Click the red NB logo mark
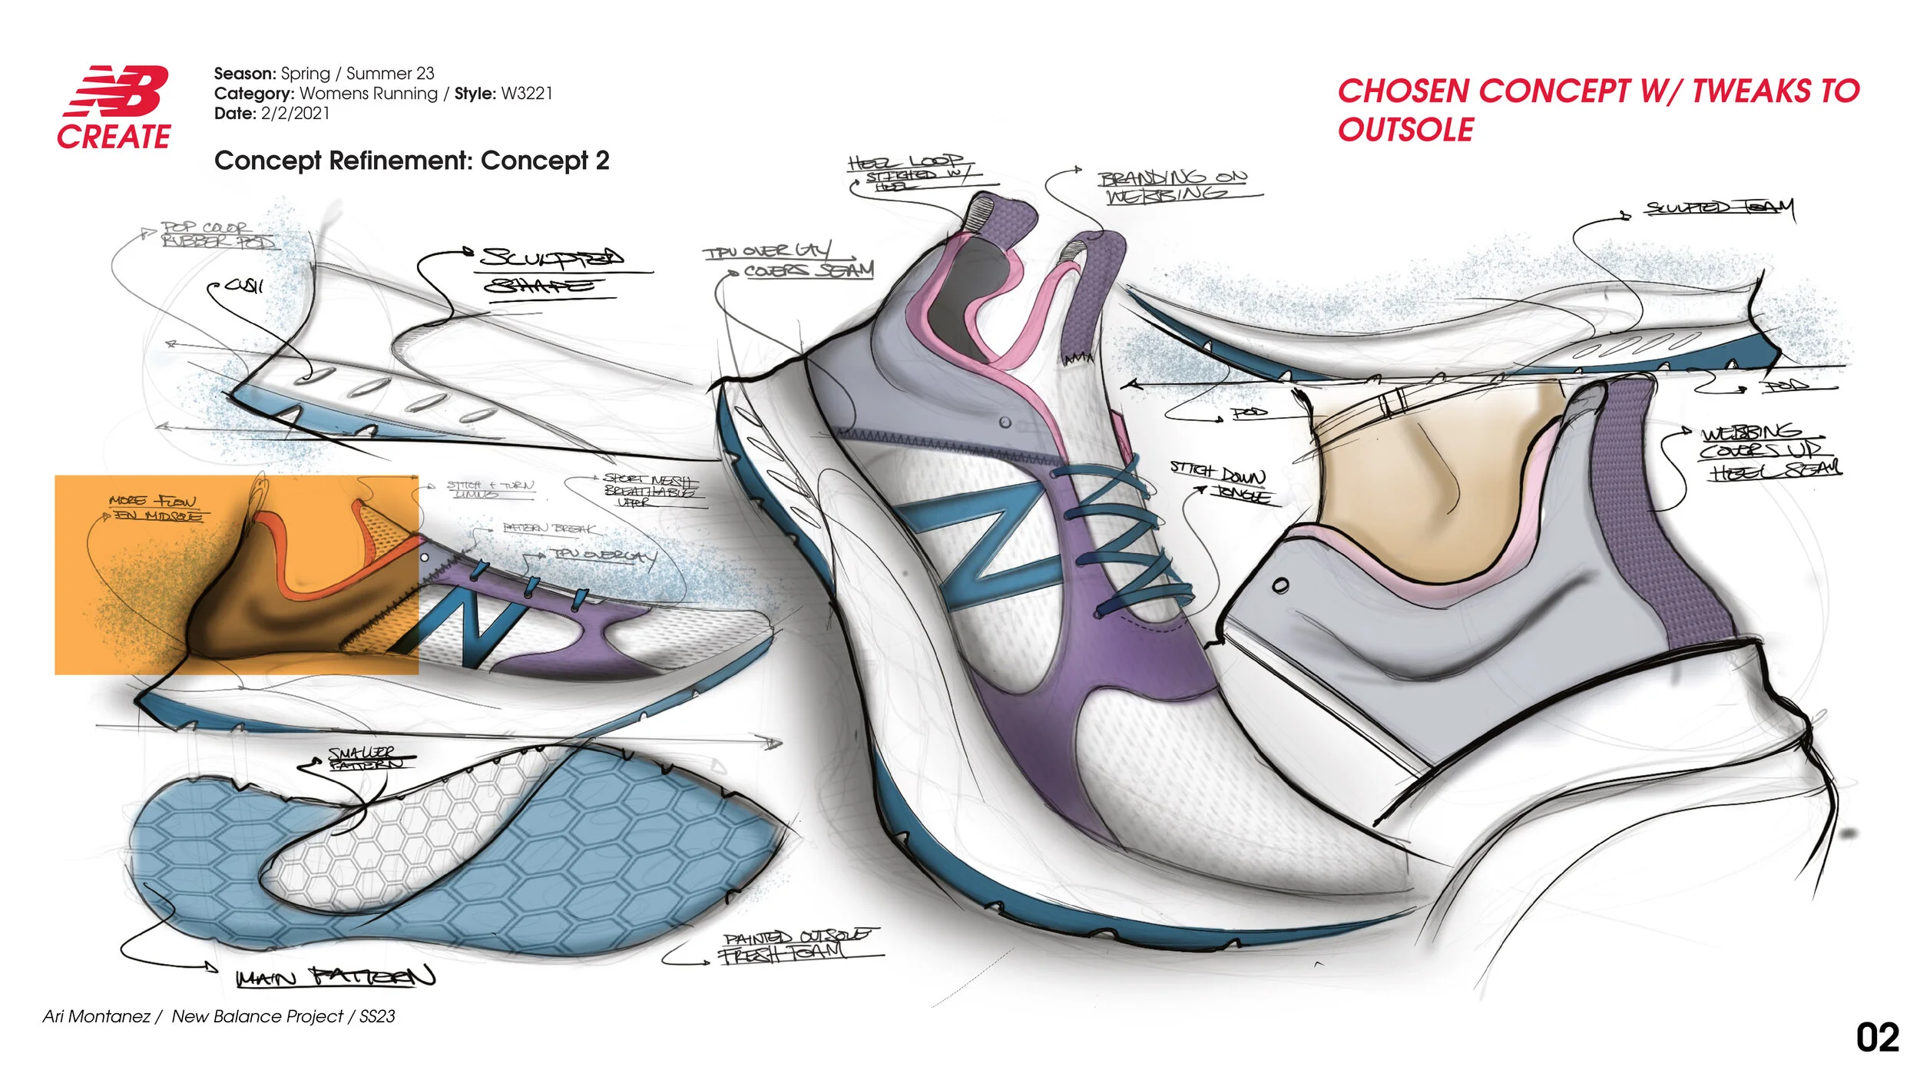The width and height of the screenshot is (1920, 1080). coord(118,91)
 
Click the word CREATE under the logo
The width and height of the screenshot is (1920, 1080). coord(114,137)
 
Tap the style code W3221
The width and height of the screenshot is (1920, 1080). coord(526,94)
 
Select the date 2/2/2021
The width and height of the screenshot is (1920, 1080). coord(295,114)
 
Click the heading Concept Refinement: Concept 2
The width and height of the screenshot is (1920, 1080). coord(412,161)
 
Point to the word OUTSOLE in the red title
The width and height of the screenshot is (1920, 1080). coord(1405,130)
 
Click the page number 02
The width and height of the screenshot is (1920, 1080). coord(1877,1038)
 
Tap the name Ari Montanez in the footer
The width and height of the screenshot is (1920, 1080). coord(96,1016)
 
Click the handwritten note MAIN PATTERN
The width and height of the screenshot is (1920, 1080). coord(336,977)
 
